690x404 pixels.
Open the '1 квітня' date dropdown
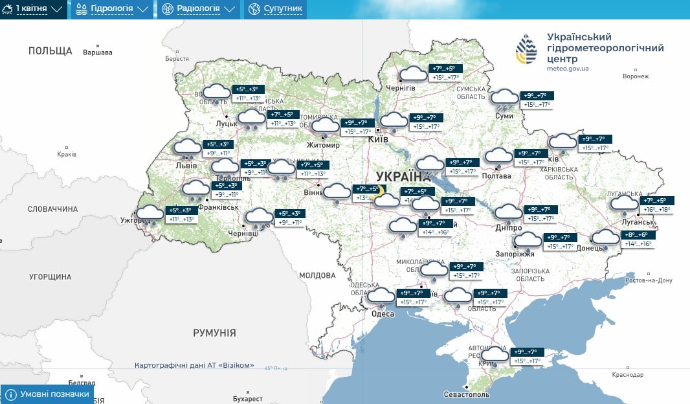34,9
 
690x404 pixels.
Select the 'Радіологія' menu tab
199,9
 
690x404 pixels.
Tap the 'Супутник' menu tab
274,9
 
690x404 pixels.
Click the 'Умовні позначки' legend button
47,394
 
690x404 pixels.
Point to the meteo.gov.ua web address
568,68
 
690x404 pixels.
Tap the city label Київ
377,139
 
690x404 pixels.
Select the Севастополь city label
467,394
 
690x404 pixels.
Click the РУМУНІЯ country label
214,332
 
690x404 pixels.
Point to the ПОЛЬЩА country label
50,50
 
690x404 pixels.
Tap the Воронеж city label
634,76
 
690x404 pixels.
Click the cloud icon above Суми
504,98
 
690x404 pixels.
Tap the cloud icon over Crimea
495,354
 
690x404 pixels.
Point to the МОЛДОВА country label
318,275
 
